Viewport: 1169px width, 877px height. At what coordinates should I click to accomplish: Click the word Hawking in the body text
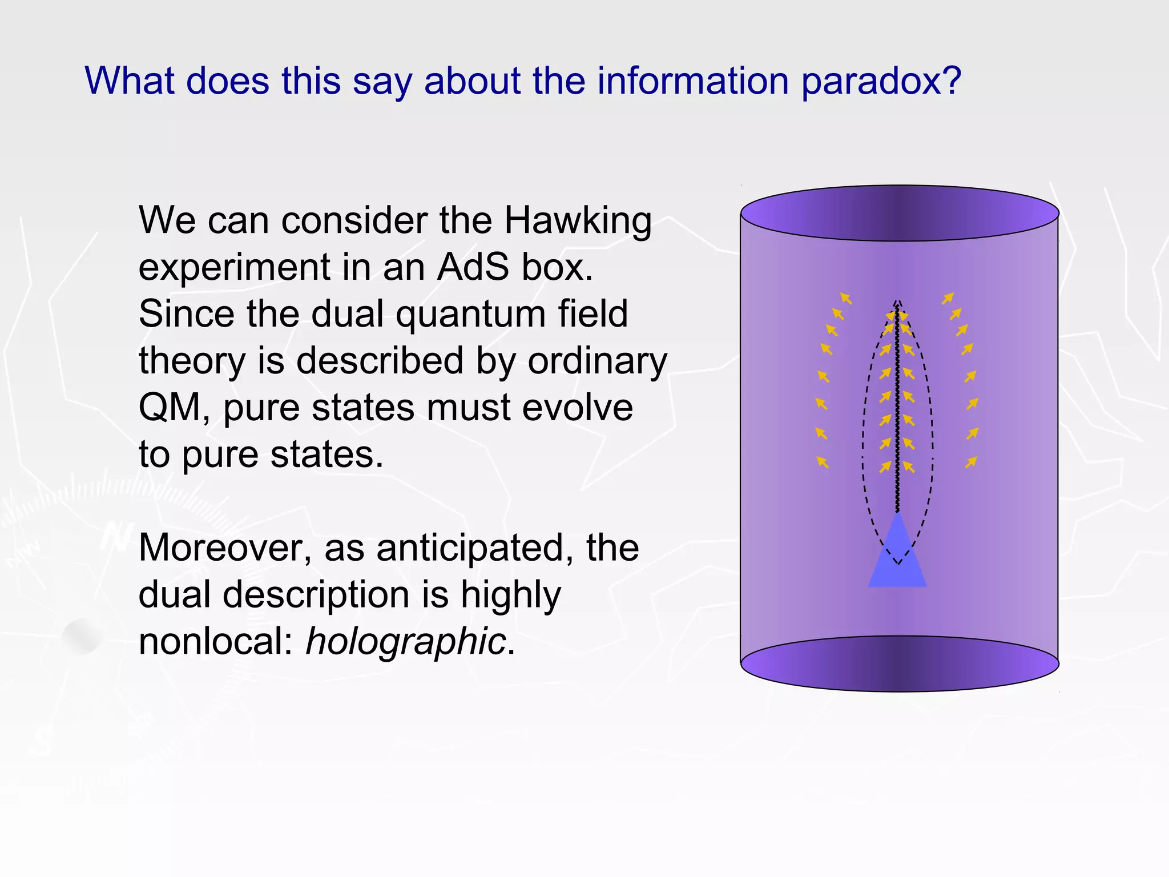pyautogui.click(x=577, y=222)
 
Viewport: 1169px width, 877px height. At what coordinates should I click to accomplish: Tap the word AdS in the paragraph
pyautogui.click(x=472, y=267)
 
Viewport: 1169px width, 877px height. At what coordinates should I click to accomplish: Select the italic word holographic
pyautogui.click(x=406, y=642)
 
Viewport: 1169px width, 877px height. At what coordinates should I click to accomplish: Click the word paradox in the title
pyautogui.click(x=881, y=81)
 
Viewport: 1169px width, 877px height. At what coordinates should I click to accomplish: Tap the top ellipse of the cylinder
pyautogui.click(x=900, y=213)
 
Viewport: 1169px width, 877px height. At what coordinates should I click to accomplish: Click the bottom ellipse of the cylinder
pyautogui.click(x=900, y=664)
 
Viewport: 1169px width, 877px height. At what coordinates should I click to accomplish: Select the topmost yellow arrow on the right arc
pyautogui.click(x=948, y=298)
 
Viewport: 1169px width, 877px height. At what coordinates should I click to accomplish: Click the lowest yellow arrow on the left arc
pyautogui.click(x=823, y=462)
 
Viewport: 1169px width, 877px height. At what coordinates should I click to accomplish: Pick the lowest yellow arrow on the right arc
pyautogui.click(x=971, y=462)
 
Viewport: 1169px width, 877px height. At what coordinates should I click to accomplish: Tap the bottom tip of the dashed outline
pyautogui.click(x=898, y=564)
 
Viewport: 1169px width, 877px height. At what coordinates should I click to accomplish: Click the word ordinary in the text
pyautogui.click(x=597, y=362)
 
